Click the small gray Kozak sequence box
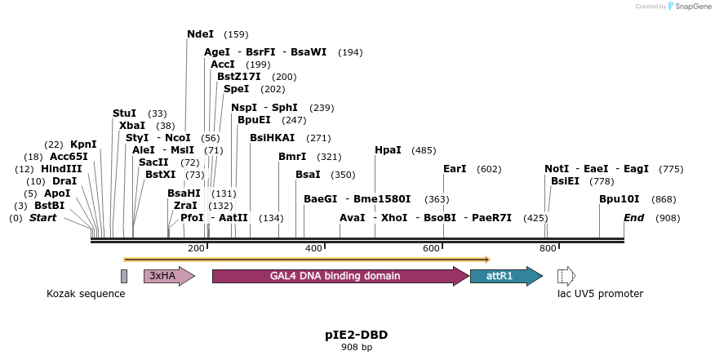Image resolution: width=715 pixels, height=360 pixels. [124, 276]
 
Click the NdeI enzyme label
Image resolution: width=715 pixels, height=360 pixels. [200, 34]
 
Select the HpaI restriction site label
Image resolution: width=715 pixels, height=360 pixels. [388, 150]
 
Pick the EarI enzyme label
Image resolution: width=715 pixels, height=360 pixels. [455, 169]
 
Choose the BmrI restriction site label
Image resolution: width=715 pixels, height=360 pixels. [292, 157]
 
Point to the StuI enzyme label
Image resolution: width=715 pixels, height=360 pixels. [124, 113]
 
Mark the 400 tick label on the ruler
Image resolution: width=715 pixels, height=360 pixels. [314, 248]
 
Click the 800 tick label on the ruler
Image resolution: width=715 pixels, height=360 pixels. [548, 248]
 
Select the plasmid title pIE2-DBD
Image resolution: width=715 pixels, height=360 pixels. [357, 335]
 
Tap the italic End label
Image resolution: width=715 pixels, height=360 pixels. [633, 218]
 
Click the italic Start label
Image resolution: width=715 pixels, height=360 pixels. [43, 218]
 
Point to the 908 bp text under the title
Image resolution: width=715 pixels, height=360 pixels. [357, 347]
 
